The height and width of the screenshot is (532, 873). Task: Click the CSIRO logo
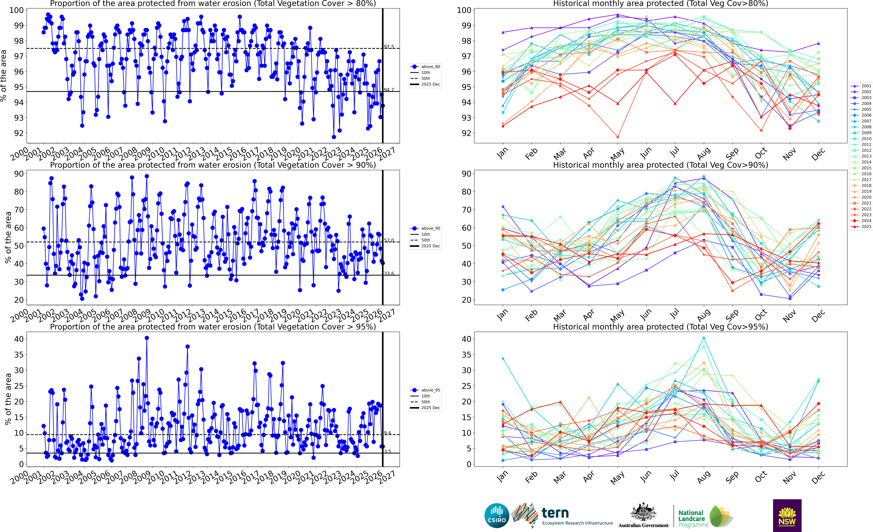(x=497, y=515)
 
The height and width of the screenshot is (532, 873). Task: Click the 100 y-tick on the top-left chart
(x=17, y=10)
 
